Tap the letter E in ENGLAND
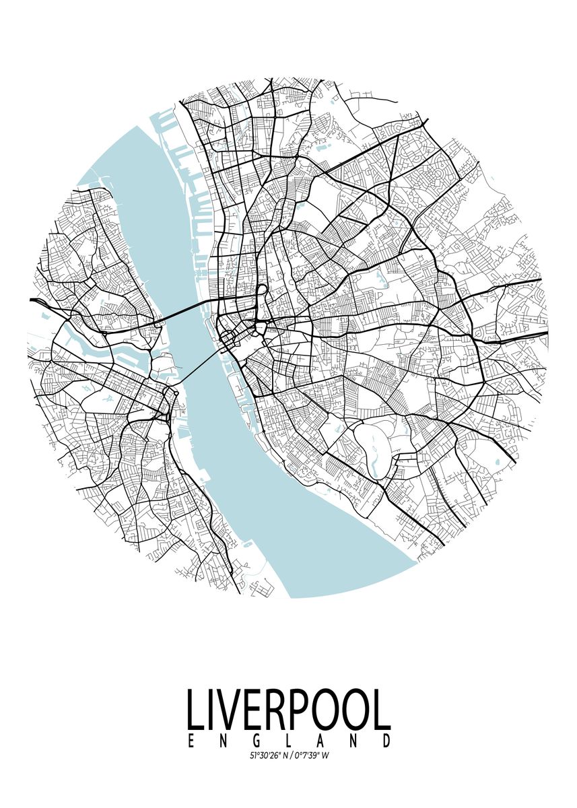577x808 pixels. click(191, 741)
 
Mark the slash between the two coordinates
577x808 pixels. click(290, 755)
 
